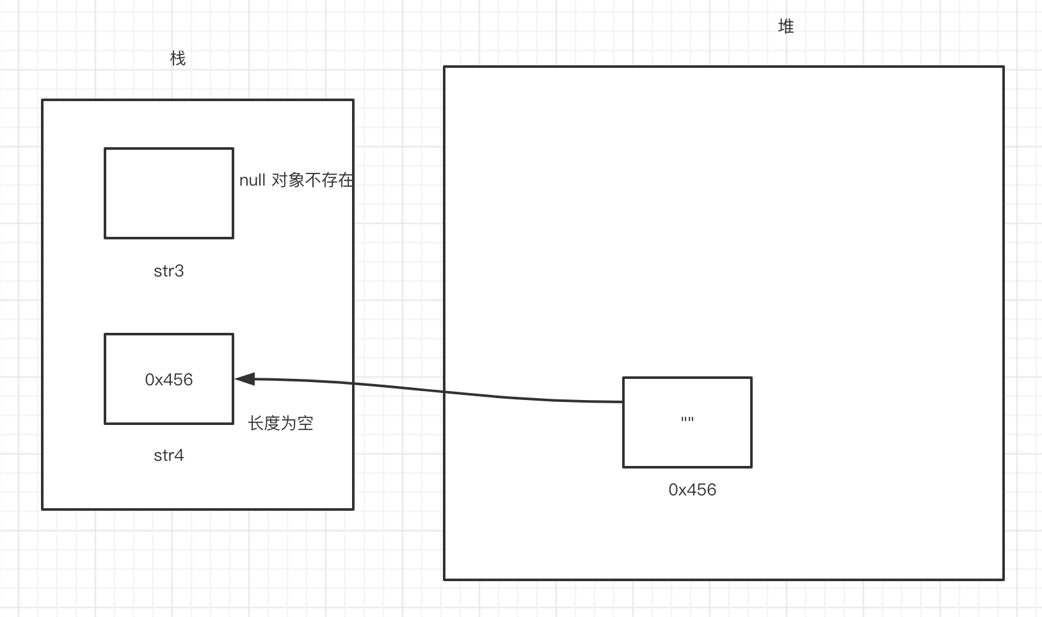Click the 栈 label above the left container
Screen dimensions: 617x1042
coord(178,59)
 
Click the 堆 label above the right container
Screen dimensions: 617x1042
coord(786,26)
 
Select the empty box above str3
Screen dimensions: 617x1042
coord(169,193)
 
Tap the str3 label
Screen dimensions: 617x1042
coord(169,271)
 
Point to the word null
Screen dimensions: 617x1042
coord(252,180)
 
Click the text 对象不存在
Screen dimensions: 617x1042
coord(312,180)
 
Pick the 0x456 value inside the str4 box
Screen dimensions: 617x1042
coord(169,380)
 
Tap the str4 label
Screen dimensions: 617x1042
coord(169,455)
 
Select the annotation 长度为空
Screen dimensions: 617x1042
coord(280,423)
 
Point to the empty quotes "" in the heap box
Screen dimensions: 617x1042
coord(687,421)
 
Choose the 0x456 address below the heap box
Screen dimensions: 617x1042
coord(692,490)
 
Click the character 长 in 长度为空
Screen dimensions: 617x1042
coord(256,423)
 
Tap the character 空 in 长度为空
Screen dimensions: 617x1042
coord(305,423)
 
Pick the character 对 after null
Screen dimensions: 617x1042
coord(280,180)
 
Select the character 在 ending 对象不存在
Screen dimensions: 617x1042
coord(346,180)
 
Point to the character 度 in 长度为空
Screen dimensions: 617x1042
coord(272,423)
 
